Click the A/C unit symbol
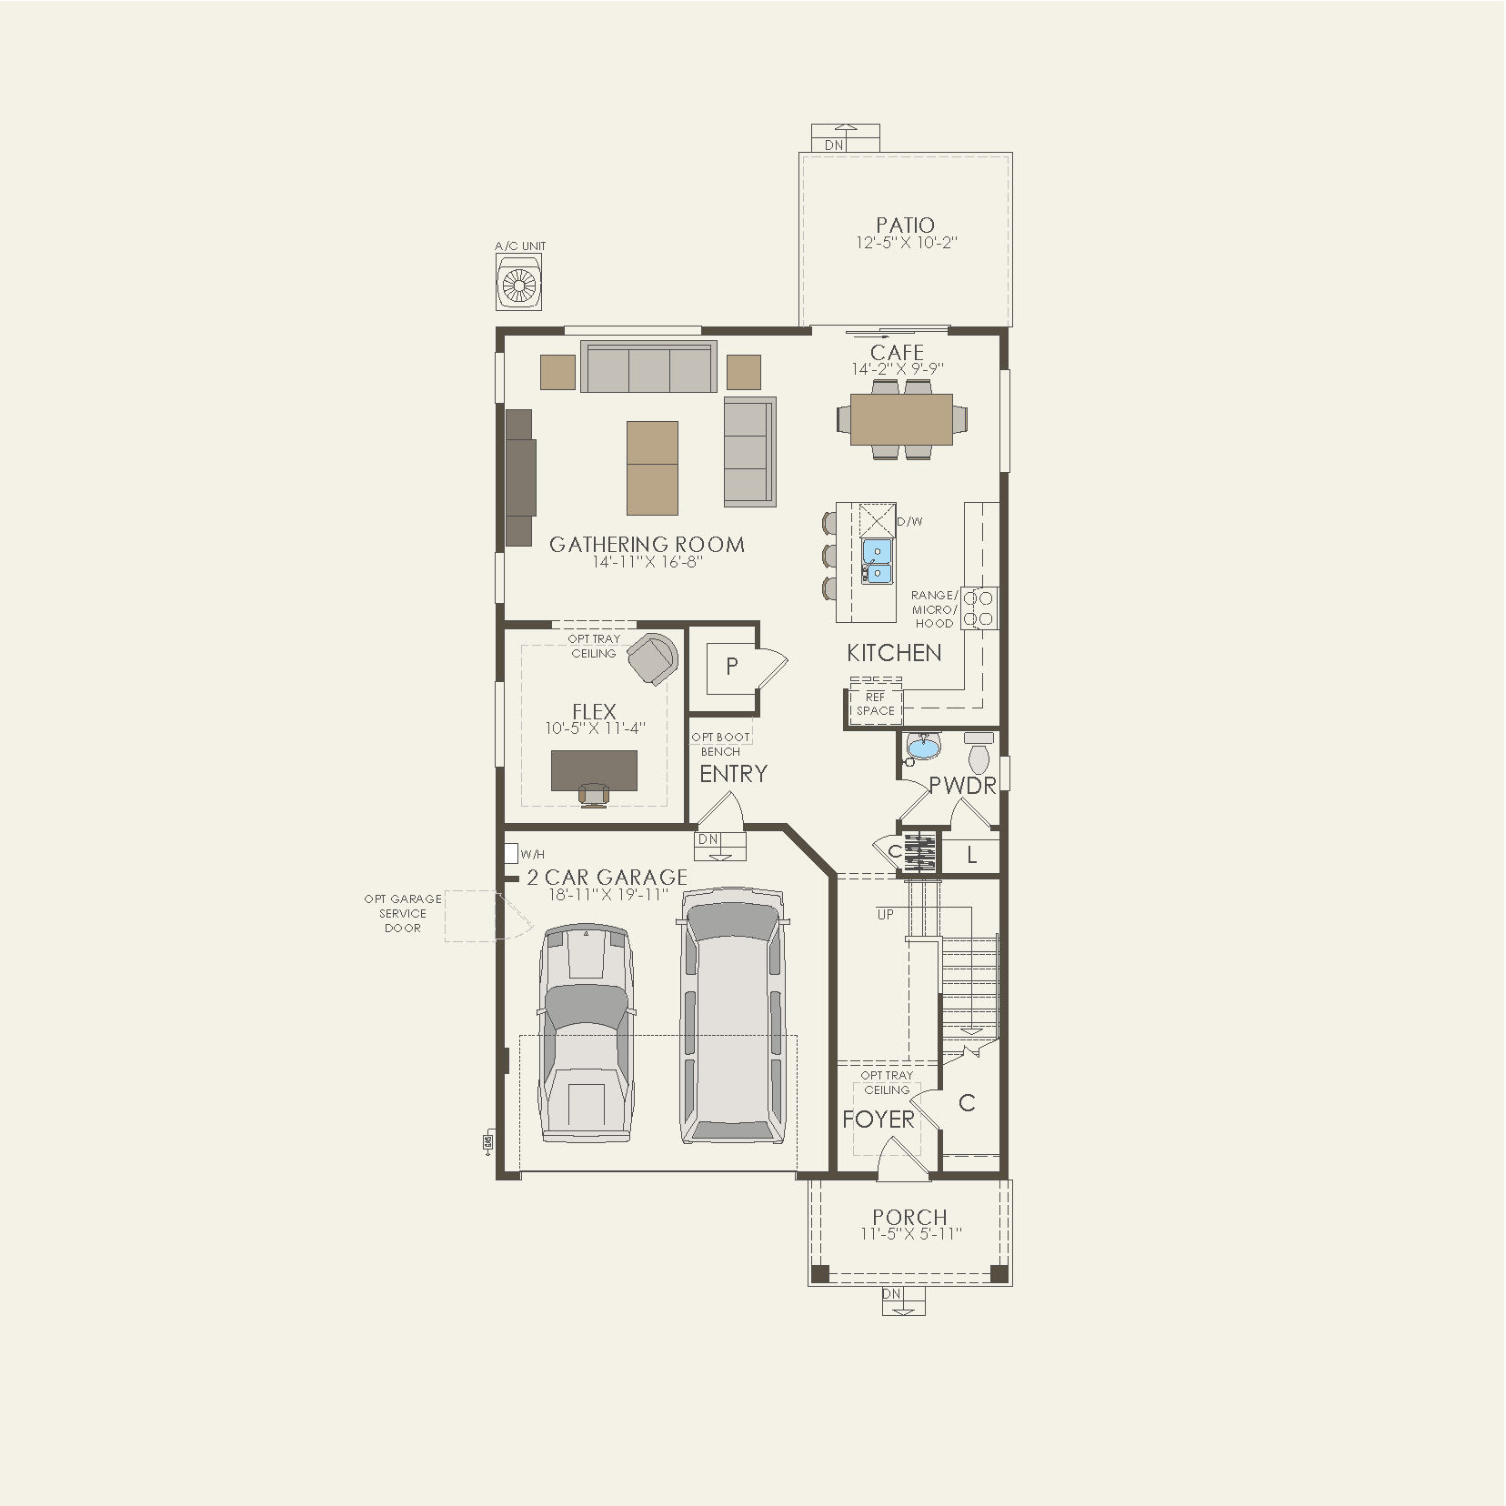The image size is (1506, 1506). pyautogui.click(x=519, y=283)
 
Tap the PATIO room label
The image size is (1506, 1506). pyautogui.click(x=905, y=225)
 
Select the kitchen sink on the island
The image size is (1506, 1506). pyautogui.click(x=877, y=561)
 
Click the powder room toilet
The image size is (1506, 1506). pyautogui.click(x=979, y=756)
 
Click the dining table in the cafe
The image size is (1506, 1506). pyautogui.click(x=901, y=419)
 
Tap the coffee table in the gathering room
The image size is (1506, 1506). pyautogui.click(x=652, y=467)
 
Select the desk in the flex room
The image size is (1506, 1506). pyautogui.click(x=594, y=770)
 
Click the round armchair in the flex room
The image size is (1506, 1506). pyautogui.click(x=653, y=657)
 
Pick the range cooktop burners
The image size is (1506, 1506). pyautogui.click(x=979, y=608)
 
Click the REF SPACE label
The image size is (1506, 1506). pyautogui.click(x=875, y=704)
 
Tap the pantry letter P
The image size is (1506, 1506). pyautogui.click(x=732, y=667)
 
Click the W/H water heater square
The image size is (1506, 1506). pyautogui.click(x=510, y=854)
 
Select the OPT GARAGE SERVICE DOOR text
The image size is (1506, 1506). pyautogui.click(x=403, y=913)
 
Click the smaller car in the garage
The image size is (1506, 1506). pyautogui.click(x=586, y=1033)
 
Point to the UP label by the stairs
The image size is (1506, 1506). pyautogui.click(x=885, y=915)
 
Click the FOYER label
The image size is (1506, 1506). pyautogui.click(x=878, y=1119)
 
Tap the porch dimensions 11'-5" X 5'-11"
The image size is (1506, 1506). pyautogui.click(x=910, y=1234)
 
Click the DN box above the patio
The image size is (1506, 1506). pyautogui.click(x=834, y=145)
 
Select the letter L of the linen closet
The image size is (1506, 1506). pyautogui.click(x=971, y=855)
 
